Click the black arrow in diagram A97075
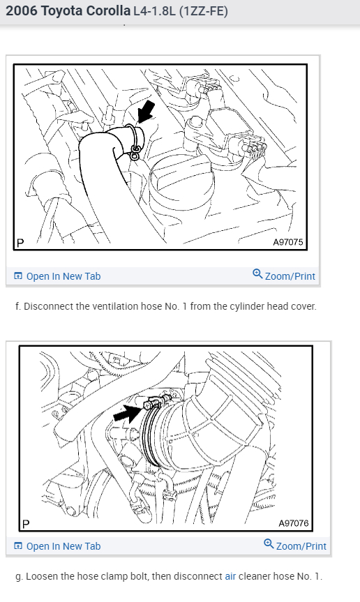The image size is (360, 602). pyautogui.click(x=147, y=112)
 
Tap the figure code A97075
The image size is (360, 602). pyautogui.click(x=288, y=242)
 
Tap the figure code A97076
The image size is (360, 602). pyautogui.click(x=294, y=523)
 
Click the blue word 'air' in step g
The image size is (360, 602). pyautogui.click(x=230, y=576)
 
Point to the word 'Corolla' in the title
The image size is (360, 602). pyautogui.click(x=109, y=10)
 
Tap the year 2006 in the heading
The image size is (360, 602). pyautogui.click(x=22, y=10)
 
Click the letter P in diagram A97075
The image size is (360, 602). pyautogui.click(x=20, y=243)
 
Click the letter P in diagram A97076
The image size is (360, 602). pyautogui.click(x=26, y=524)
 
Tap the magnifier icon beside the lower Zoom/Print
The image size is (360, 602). pyautogui.click(x=269, y=544)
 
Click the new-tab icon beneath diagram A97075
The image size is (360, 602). pyautogui.click(x=18, y=276)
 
